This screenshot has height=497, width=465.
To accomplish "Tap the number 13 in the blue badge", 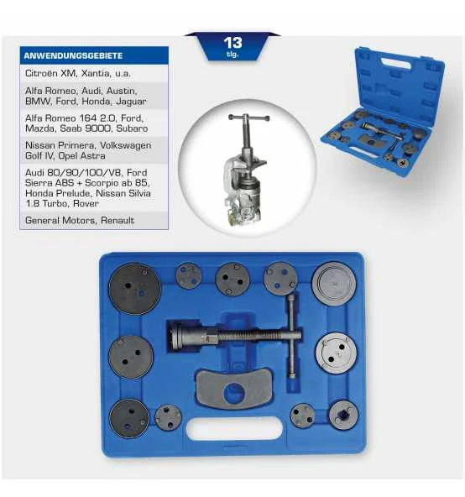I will [x=233, y=42].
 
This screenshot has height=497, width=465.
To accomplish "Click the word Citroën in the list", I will [x=43, y=74].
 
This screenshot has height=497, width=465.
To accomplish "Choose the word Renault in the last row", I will [x=114, y=220].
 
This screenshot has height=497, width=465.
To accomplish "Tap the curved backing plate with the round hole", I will [x=236, y=390].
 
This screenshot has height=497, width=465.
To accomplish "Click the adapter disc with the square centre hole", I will [x=342, y=414].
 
